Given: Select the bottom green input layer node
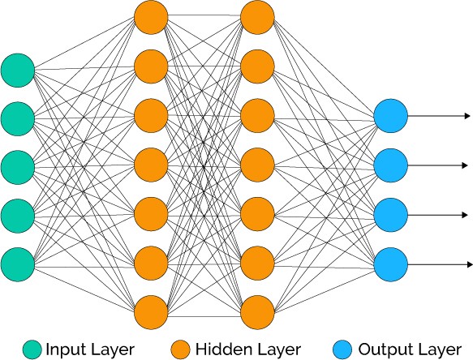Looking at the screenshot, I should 17,264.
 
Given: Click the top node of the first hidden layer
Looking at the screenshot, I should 151,18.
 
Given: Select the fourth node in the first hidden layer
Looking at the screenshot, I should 151,164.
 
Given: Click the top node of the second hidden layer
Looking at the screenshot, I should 256,18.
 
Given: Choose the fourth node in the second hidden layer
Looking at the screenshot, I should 256,164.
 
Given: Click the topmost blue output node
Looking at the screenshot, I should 390,116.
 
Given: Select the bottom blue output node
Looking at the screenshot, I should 390,264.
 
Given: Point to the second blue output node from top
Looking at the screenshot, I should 390,165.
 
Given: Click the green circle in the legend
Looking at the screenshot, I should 32,349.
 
